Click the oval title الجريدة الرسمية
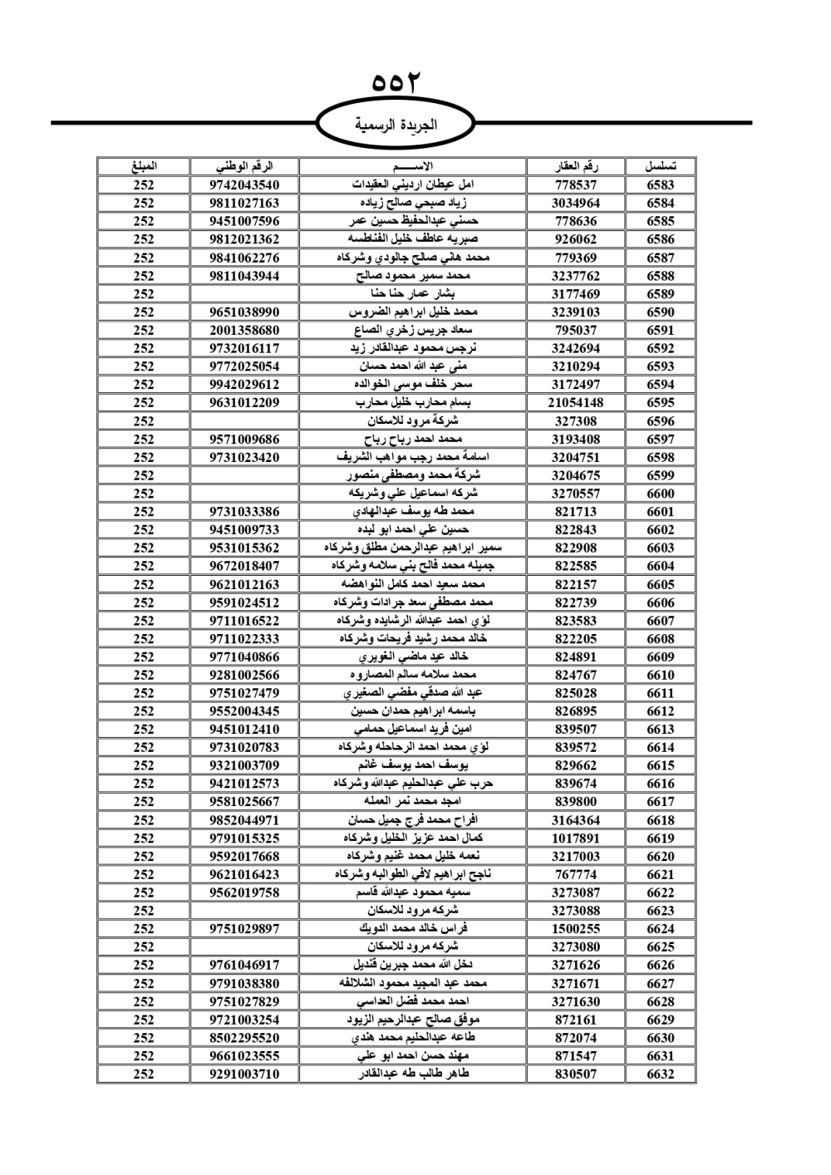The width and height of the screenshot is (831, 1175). point(396,125)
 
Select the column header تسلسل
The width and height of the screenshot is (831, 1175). point(660,166)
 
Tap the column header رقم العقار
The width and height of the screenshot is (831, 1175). point(575,166)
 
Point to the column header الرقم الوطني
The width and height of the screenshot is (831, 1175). point(244,166)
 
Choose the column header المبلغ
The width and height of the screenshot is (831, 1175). point(144,166)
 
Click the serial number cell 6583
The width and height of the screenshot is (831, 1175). point(660,184)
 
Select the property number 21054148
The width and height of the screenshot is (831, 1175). point(575,402)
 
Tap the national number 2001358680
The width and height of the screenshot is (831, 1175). point(244,330)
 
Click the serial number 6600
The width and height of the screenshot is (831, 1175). point(660,494)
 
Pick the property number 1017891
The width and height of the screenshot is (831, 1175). point(575,838)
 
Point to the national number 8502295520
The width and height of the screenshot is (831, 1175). point(244,1038)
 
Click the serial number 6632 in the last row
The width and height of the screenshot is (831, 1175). point(660,1074)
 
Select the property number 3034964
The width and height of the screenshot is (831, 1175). point(575,203)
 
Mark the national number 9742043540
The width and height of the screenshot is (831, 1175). point(244,184)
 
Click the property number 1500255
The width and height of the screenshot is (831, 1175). point(575,929)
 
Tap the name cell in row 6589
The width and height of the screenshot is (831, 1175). point(412,293)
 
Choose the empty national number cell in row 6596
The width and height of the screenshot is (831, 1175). point(244,420)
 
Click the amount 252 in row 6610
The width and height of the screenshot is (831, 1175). point(144,675)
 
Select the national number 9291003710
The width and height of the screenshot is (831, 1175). point(244,1074)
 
